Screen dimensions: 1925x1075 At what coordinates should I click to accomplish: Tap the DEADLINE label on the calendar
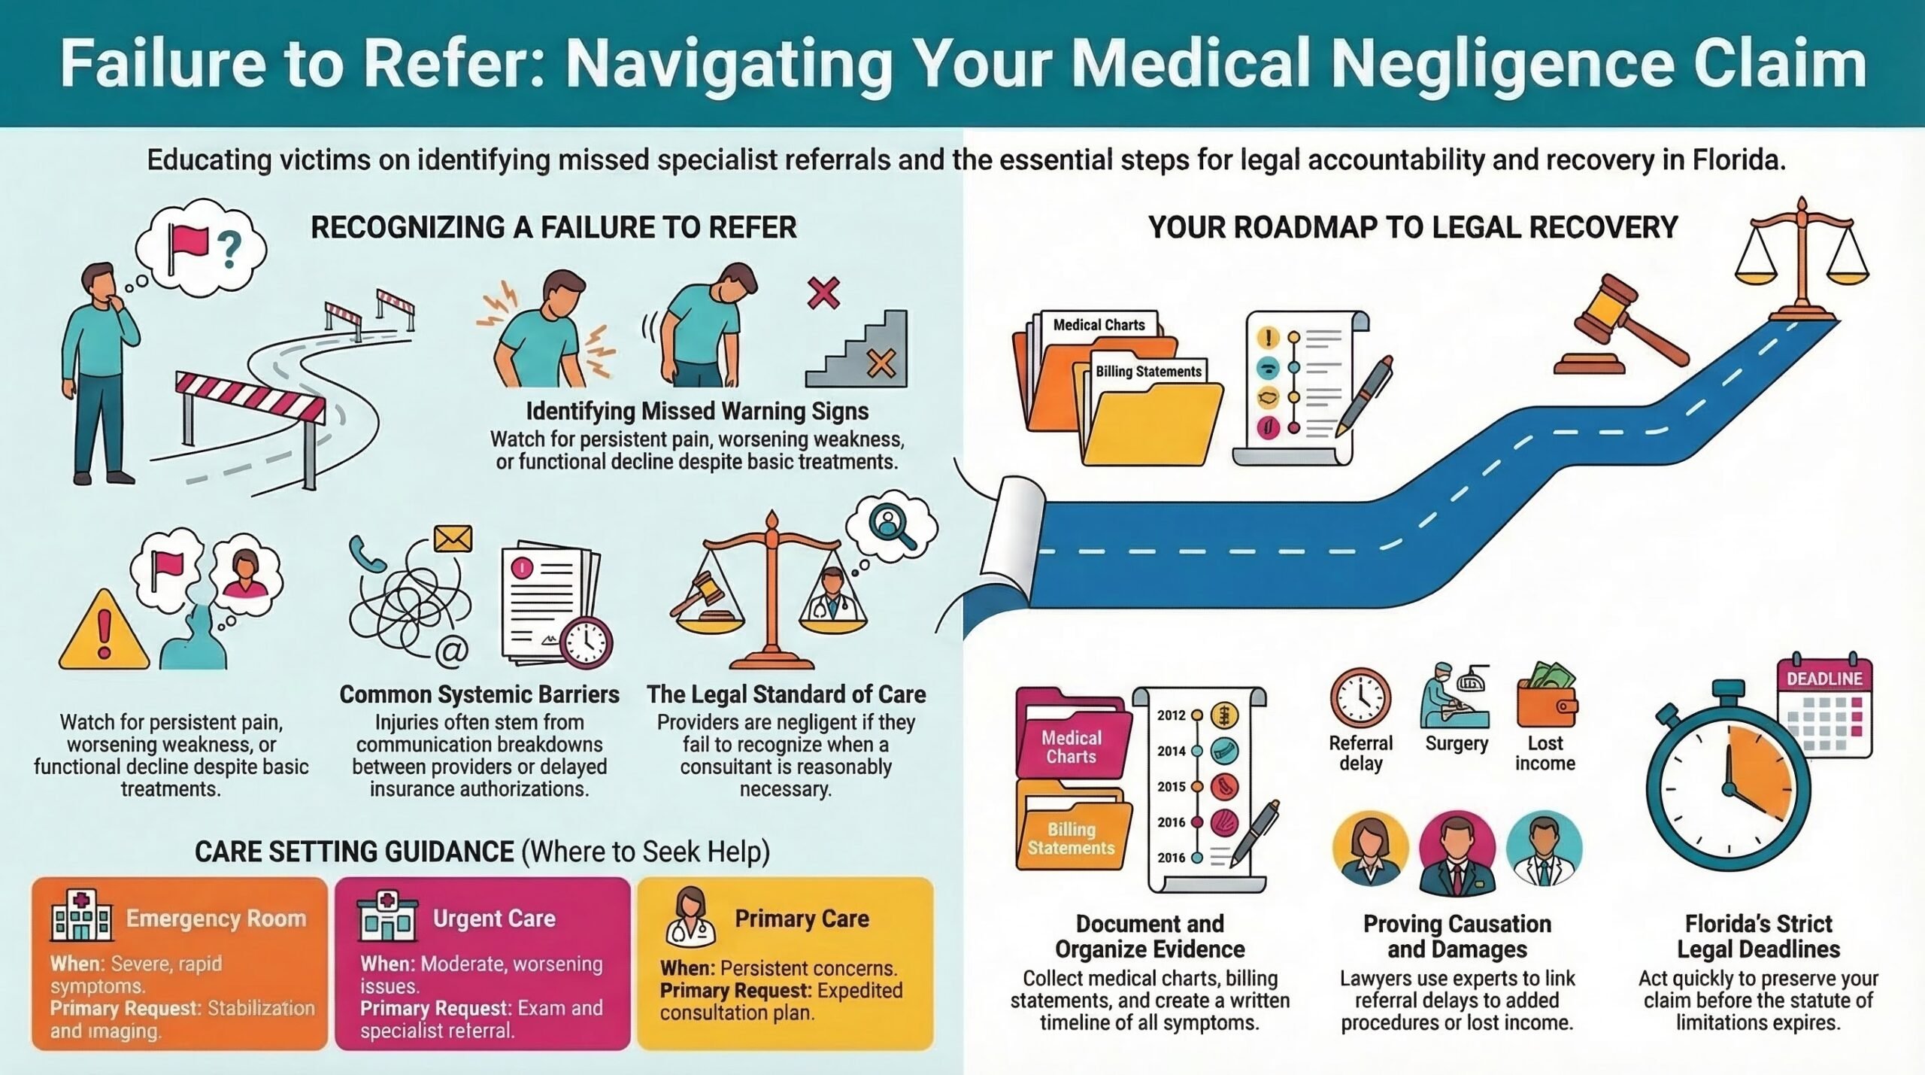coord(1824,679)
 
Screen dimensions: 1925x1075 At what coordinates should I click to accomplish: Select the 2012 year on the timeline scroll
coord(1171,715)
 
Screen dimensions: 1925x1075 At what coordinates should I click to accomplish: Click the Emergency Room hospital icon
coord(81,916)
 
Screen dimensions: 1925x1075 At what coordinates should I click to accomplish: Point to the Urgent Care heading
coord(494,919)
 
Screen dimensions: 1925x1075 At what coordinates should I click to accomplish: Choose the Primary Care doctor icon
coord(690,916)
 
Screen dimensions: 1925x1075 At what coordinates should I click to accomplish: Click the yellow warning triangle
coord(104,630)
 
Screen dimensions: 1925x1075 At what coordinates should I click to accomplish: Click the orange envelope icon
coord(453,539)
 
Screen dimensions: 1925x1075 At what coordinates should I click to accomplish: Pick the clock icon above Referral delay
coord(1360,697)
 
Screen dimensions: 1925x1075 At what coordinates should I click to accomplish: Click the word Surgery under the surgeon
coord(1457,743)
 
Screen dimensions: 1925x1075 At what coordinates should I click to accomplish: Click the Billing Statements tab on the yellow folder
coord(1148,371)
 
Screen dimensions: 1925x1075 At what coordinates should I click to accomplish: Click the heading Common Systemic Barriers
coord(480,694)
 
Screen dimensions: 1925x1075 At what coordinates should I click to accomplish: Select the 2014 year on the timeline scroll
coord(1171,751)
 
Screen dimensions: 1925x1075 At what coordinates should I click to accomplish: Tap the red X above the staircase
coord(823,293)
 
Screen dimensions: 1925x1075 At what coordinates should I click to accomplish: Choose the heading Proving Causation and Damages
coord(1457,936)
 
